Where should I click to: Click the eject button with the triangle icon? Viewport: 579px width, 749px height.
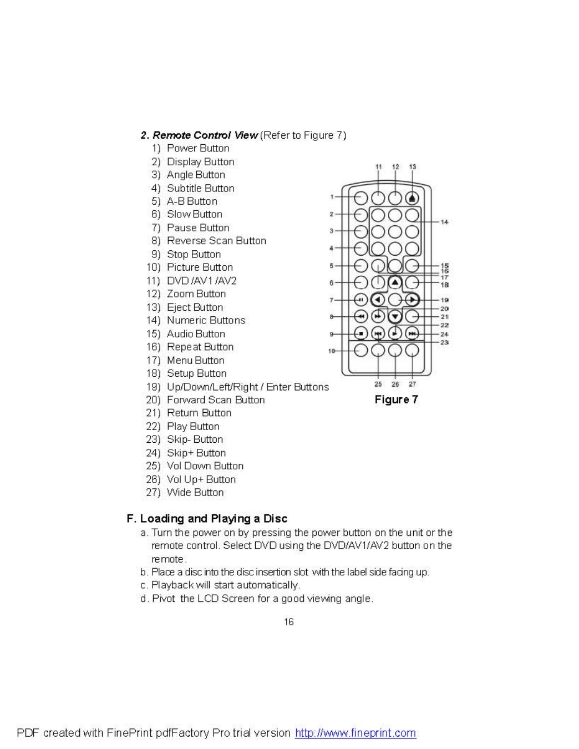[412, 198]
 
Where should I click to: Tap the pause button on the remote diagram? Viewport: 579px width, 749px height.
[360, 300]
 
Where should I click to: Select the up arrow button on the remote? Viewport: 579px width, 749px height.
[394, 283]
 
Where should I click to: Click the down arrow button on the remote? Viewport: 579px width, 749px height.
[394, 316]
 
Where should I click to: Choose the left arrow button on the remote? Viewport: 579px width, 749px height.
[377, 300]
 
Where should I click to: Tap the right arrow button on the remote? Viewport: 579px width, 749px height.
[412, 300]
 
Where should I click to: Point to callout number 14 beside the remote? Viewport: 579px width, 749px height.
[444, 222]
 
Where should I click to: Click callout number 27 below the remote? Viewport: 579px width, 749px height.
[412, 384]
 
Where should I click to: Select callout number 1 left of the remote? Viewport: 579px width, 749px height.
[332, 196]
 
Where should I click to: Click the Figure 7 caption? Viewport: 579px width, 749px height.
[396, 399]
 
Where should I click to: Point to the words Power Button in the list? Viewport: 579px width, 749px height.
[198, 148]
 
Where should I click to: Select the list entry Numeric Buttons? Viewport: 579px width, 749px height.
[206, 320]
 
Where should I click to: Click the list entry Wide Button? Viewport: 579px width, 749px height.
[195, 492]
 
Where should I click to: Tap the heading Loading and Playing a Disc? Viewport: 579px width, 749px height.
[214, 519]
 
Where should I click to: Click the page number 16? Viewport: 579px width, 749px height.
[289, 622]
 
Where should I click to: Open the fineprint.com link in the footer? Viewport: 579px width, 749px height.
[355, 733]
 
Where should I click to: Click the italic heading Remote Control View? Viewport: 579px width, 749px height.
[205, 135]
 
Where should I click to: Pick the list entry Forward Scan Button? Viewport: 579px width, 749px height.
[216, 399]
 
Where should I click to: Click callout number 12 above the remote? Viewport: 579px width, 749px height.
[395, 166]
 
